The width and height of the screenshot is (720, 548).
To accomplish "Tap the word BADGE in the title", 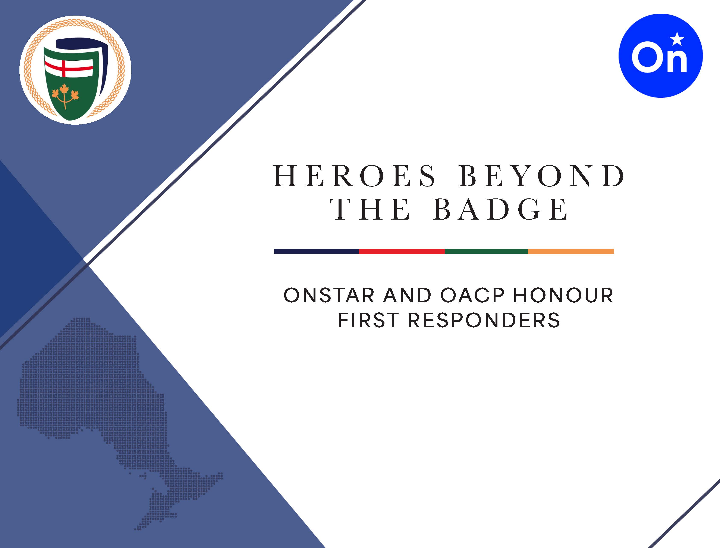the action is [x=501, y=209].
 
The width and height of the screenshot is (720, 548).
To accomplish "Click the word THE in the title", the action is [x=370, y=209].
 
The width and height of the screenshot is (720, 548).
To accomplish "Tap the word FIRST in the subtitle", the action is [x=368, y=320].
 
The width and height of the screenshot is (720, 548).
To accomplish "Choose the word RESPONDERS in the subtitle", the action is [x=484, y=320].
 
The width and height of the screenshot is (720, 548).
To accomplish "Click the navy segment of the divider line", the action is [x=316, y=251].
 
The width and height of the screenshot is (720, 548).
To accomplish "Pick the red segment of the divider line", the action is [x=402, y=251].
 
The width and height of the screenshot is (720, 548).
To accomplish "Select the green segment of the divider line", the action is [x=486, y=251].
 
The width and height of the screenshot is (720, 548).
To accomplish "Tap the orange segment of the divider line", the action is [x=571, y=251].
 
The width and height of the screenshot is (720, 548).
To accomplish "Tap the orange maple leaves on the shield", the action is [x=65, y=95].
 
